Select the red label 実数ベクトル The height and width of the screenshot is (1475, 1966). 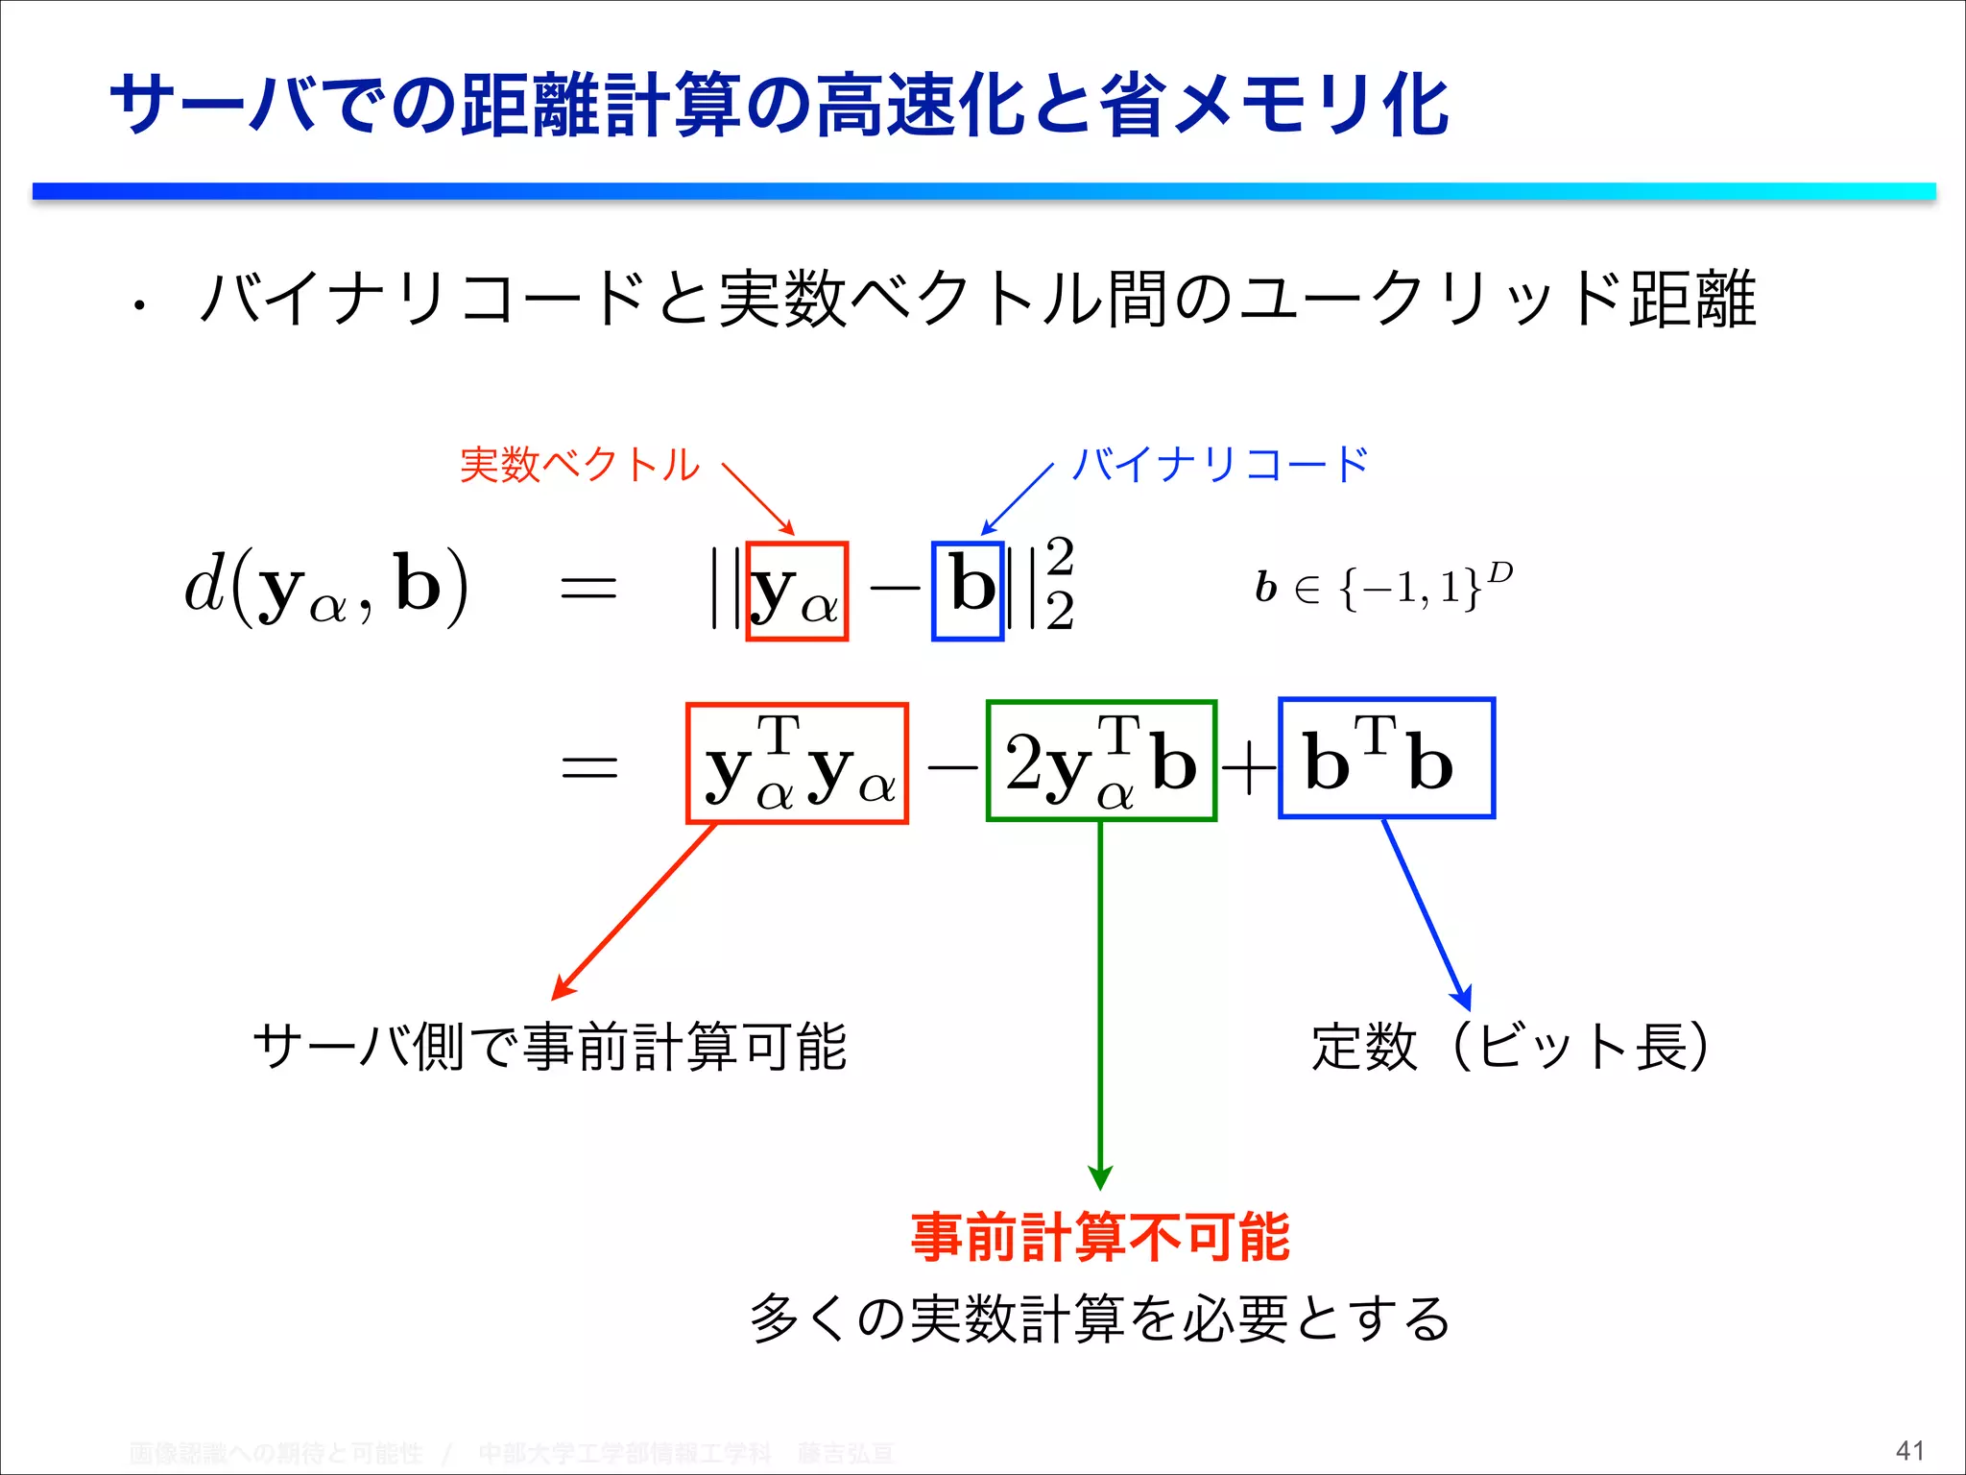[580, 465]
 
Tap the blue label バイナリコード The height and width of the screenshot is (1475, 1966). [1220, 465]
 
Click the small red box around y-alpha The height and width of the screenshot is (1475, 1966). [797, 591]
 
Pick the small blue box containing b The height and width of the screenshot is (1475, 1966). [968, 591]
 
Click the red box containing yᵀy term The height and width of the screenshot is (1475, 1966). [797, 763]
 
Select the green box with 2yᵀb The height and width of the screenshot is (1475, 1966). [1101, 761]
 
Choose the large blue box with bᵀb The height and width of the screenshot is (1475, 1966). [1387, 759]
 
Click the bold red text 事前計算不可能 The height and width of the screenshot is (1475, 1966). [1100, 1237]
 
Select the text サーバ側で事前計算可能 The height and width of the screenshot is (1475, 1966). [550, 1046]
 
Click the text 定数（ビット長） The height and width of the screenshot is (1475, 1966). [1510, 1046]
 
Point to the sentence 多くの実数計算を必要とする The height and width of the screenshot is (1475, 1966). [1100, 1318]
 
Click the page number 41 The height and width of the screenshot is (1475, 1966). [1909, 1450]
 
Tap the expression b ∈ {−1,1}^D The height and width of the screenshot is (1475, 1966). [1382, 586]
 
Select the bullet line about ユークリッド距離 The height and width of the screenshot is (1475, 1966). [977, 300]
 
